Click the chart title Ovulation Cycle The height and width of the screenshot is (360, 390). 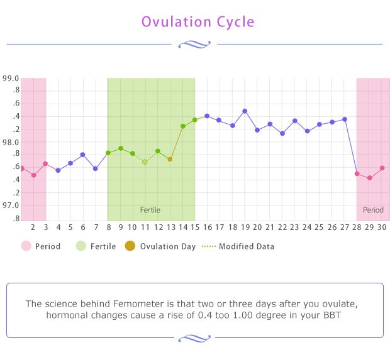click(x=198, y=22)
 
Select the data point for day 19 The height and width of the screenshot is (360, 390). click(x=245, y=111)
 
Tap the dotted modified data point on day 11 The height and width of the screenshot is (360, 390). click(x=145, y=162)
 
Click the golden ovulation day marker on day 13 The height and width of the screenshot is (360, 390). click(x=170, y=160)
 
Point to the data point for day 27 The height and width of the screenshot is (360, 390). click(x=345, y=119)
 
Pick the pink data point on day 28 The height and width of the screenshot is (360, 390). click(x=357, y=174)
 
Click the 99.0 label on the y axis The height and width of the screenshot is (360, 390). click(x=11, y=79)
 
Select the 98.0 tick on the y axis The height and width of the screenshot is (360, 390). click(x=11, y=143)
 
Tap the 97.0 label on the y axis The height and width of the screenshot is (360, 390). click(x=11, y=205)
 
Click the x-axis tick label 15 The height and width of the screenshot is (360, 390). click(x=195, y=227)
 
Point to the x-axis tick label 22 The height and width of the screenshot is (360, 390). click(x=282, y=227)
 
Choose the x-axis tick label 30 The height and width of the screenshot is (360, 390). click(x=382, y=227)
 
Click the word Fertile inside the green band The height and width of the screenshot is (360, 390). click(x=150, y=210)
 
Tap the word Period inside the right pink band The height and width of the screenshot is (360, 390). click(x=373, y=210)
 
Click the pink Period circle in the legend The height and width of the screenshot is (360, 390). click(x=26, y=246)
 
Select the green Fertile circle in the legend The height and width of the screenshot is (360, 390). click(x=81, y=246)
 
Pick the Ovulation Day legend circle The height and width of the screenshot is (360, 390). click(x=130, y=246)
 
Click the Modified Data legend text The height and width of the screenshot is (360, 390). click(x=246, y=246)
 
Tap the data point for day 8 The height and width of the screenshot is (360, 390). click(x=108, y=153)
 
